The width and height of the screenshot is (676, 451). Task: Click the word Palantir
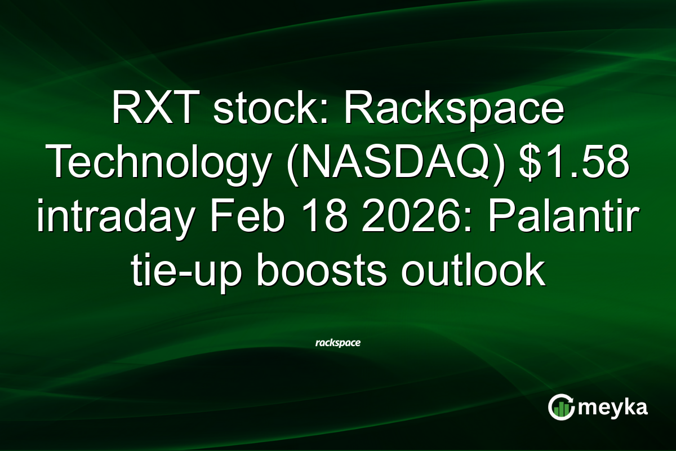click(x=563, y=218)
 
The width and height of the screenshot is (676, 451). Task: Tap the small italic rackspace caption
click(x=338, y=342)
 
